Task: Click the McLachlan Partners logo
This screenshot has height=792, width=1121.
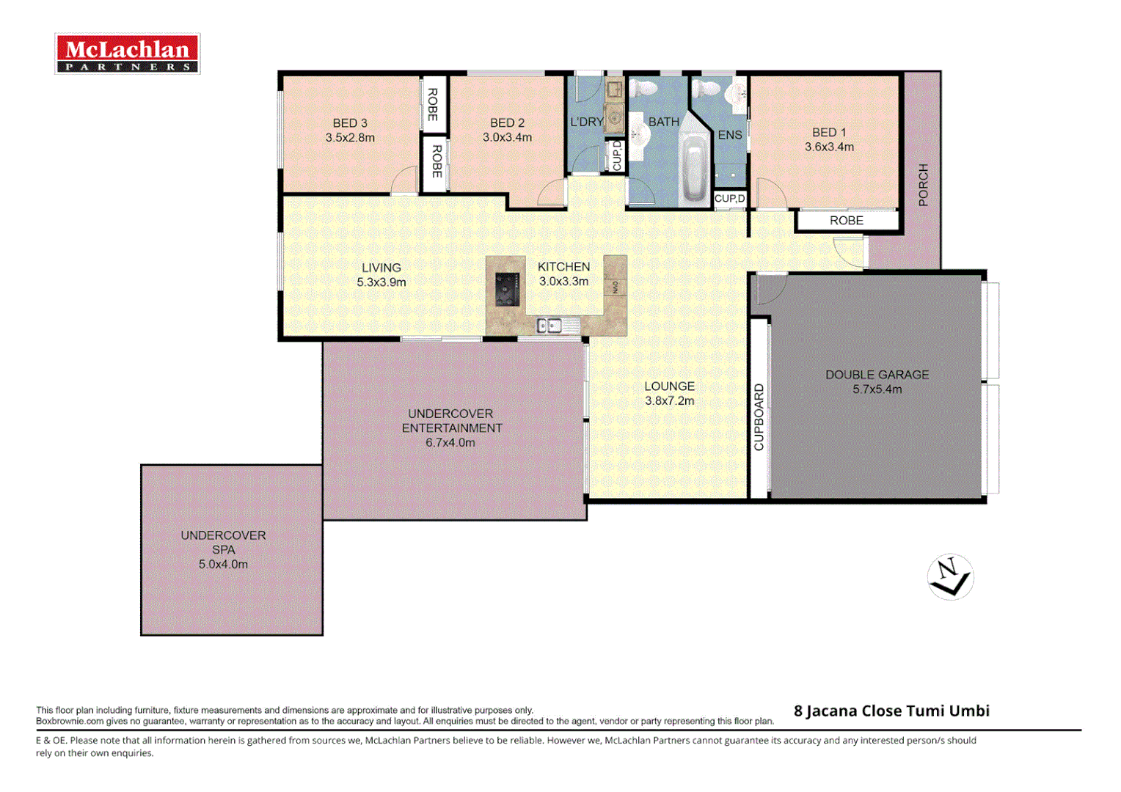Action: point(128,54)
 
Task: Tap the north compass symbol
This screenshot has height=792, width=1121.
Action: point(950,577)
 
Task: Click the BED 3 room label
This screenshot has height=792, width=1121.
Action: point(350,123)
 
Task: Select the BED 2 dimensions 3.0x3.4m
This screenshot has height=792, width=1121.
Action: point(507,137)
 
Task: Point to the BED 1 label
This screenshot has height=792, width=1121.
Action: point(829,133)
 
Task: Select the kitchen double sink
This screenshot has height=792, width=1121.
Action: point(549,325)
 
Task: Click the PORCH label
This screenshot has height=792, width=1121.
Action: point(923,185)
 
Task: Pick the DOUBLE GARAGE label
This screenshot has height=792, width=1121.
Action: point(877,375)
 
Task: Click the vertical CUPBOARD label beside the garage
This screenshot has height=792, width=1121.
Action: point(759,417)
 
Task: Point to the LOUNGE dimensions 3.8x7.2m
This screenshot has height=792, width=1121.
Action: point(669,401)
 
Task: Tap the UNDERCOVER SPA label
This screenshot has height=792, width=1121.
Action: point(223,543)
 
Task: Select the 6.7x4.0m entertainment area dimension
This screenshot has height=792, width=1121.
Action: point(450,443)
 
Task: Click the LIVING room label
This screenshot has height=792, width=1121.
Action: point(381,268)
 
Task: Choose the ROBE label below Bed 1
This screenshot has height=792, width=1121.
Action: point(846,221)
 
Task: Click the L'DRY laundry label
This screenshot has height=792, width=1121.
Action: point(587,122)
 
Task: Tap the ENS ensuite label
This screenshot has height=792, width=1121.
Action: point(730,135)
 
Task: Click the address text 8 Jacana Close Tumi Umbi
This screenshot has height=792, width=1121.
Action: point(891,711)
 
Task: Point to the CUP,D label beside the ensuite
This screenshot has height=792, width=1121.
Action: point(730,199)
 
